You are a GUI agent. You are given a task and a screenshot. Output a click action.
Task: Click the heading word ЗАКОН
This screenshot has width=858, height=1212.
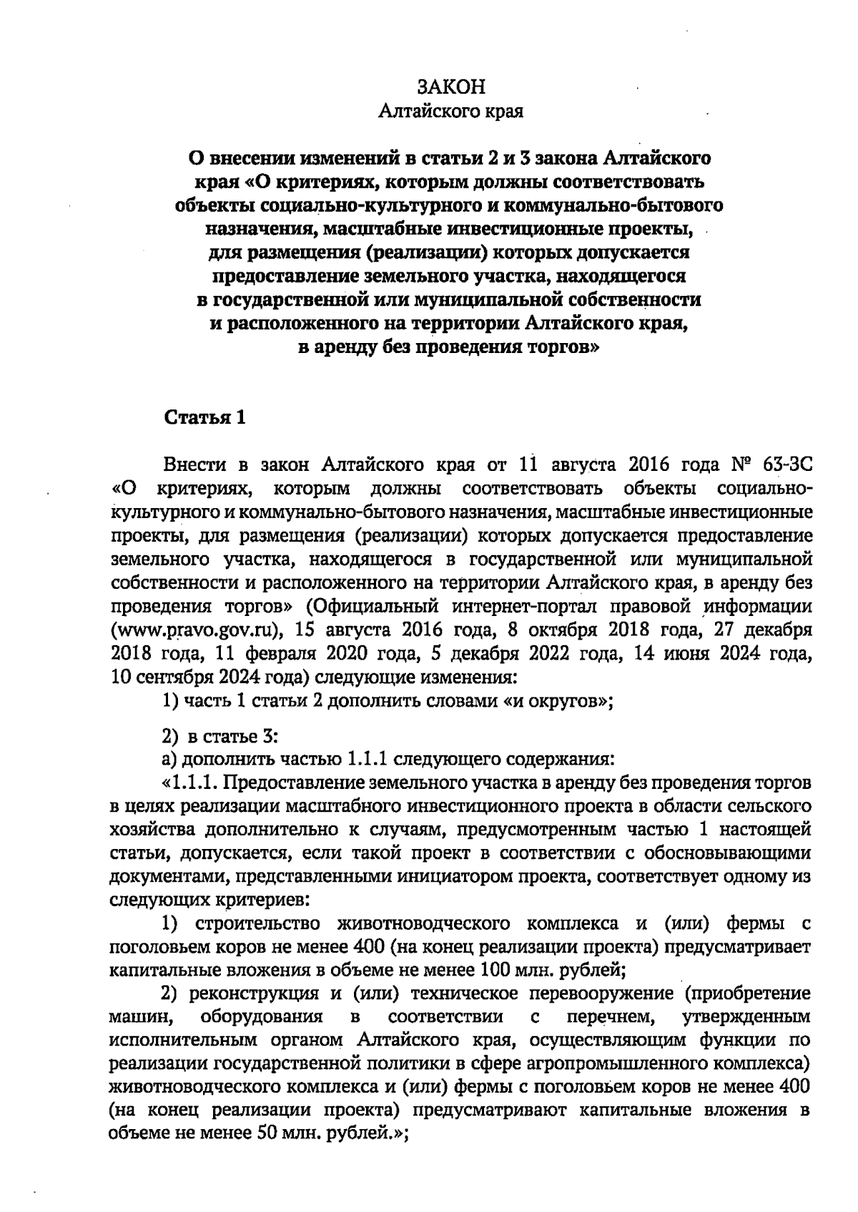pos(450,87)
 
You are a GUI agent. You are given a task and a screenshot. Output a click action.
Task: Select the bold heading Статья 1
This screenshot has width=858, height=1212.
pos(205,418)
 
